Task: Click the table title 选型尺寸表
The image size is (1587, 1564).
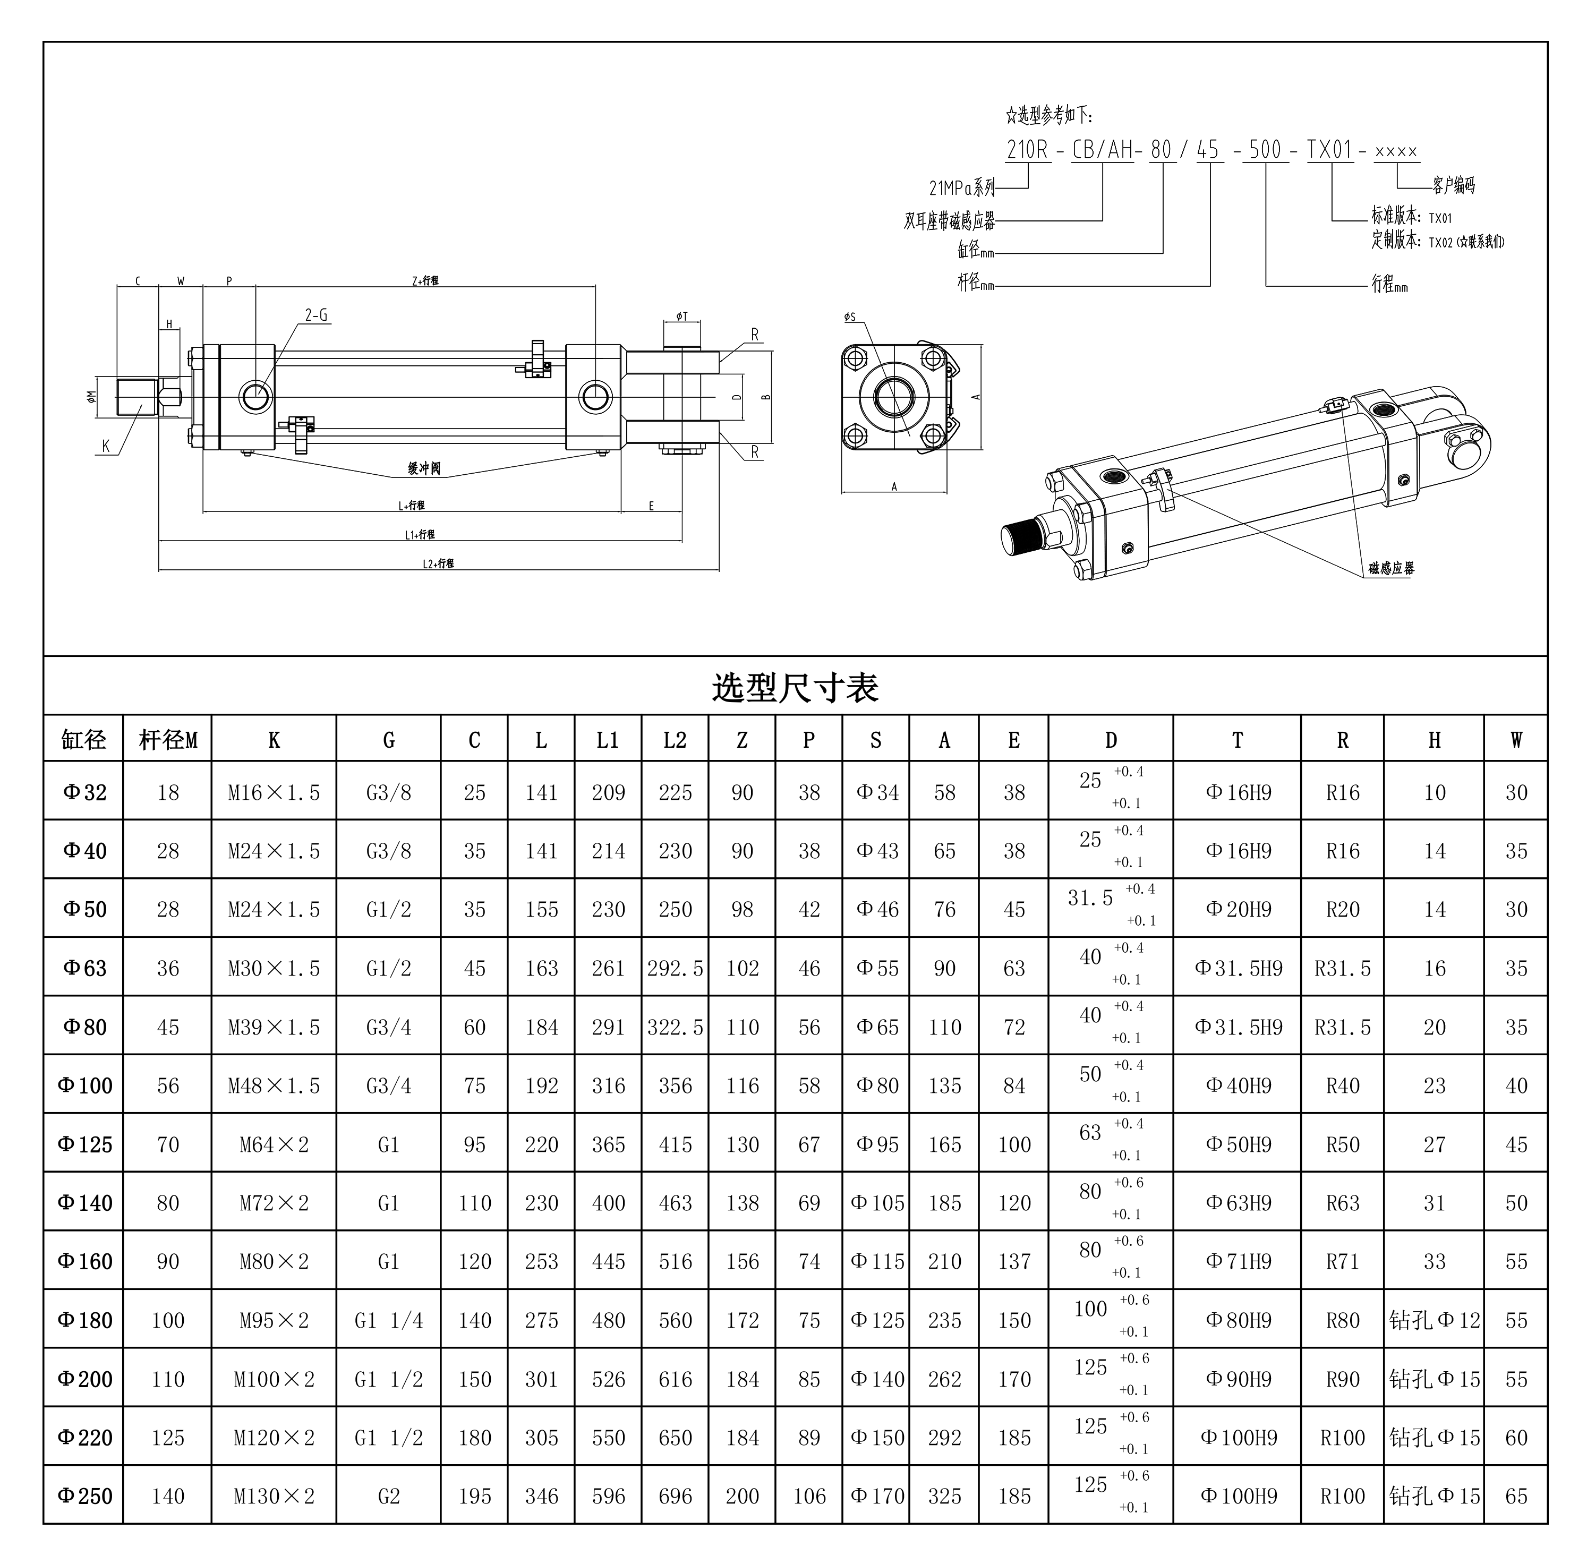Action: [x=795, y=688]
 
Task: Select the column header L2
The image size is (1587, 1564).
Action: [x=675, y=740]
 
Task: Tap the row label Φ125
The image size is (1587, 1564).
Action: [x=84, y=1144]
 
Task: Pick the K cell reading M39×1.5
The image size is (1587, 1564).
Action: [x=274, y=1027]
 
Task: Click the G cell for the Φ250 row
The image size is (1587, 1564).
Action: [x=389, y=1496]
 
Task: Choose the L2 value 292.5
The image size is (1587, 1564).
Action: [x=675, y=969]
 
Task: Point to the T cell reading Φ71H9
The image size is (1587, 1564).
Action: [x=1238, y=1262]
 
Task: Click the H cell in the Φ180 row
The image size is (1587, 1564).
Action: [x=1434, y=1320]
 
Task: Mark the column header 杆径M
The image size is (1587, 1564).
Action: [x=168, y=740]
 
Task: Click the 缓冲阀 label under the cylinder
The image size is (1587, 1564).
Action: [x=424, y=468]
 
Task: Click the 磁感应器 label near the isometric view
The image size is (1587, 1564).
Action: [x=1390, y=568]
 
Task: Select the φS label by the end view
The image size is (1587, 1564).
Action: [x=849, y=317]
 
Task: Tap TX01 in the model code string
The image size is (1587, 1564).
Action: [x=1329, y=150]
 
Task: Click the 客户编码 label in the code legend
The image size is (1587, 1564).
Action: [x=1453, y=186]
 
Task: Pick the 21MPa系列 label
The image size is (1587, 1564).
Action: [x=961, y=188]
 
